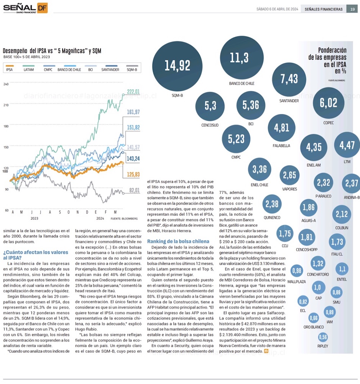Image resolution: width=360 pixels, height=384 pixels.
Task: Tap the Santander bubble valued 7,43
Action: click(289, 80)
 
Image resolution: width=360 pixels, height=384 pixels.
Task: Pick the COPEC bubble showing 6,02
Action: click(328, 103)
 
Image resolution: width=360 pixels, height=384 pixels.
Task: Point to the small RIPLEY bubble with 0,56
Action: click(323, 337)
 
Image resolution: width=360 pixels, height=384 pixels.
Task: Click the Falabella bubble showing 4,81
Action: click(282, 128)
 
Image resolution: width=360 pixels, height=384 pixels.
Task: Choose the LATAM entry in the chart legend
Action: click(29, 69)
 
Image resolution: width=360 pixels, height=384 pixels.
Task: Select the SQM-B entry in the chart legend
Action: click(132, 69)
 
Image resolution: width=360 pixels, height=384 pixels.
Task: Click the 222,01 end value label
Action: click(133, 92)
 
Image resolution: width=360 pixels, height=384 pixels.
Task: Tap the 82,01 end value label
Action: click(134, 190)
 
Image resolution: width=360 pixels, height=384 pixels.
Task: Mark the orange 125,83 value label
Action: click(133, 175)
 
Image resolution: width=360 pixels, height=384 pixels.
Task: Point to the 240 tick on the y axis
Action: click(6, 84)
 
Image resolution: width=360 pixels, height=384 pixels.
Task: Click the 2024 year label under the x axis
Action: click(100, 218)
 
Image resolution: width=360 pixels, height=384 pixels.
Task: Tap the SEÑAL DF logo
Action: click(25, 8)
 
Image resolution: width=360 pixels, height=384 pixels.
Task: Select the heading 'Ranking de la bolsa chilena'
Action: click(178, 241)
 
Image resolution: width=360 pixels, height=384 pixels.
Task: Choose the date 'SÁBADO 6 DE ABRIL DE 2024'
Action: click(277, 9)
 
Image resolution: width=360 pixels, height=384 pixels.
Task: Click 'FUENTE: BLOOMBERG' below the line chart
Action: click(124, 218)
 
